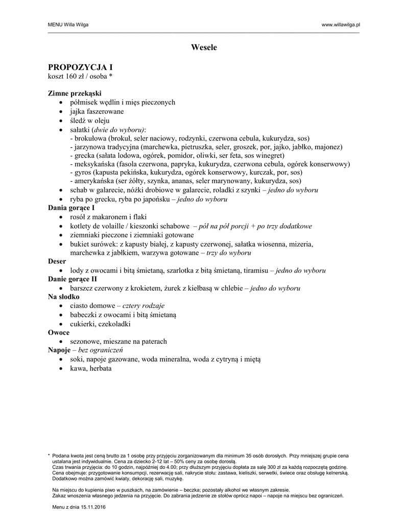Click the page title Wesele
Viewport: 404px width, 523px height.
coord(204,47)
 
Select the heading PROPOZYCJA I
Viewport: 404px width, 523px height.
coord(80,67)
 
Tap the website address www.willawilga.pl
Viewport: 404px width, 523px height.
coord(341,25)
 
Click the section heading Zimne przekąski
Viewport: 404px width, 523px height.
coord(75,93)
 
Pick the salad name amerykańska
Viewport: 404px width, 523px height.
coord(94,181)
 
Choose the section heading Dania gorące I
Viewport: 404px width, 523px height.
coord(72,208)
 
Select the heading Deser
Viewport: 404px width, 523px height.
coord(57,261)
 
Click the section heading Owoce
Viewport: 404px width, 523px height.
coord(58,332)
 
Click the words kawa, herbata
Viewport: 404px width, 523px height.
coord(91,368)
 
